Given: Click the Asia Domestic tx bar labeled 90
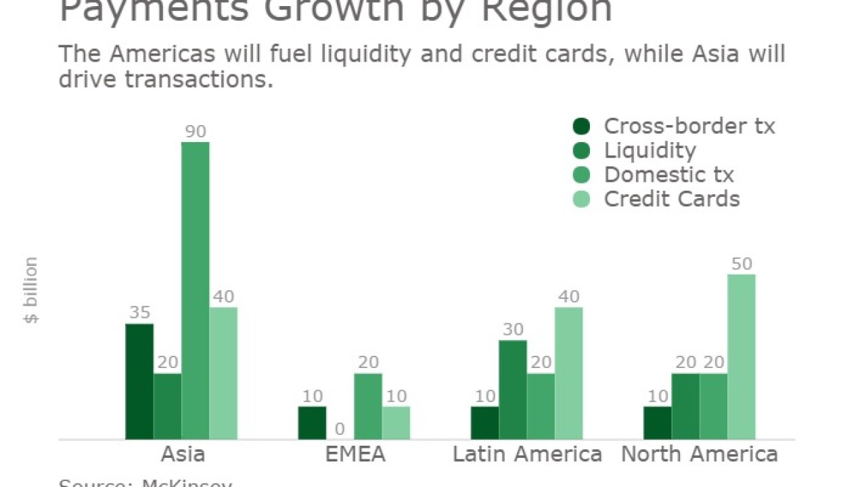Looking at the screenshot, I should coord(196,291).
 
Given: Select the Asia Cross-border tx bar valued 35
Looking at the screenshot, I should coord(139,381).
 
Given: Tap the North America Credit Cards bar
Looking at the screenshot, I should coord(742,356).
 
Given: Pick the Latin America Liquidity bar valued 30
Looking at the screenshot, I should coord(513,390).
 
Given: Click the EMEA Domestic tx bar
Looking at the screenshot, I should coord(368,406).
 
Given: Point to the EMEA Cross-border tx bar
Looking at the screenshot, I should coord(312,423).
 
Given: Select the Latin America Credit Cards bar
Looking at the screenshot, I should coord(569,373).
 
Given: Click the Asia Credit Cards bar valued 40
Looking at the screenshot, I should coord(223,373).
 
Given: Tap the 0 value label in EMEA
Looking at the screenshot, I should coord(340,430).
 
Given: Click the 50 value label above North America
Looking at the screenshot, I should coord(742,264).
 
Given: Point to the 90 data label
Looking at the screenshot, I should coord(196,132).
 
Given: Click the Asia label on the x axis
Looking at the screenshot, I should coord(182,454).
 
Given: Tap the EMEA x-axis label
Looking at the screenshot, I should coord(355,454).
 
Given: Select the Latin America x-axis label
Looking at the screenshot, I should coord(527,454).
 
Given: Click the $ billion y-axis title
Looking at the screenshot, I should coord(32,290).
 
